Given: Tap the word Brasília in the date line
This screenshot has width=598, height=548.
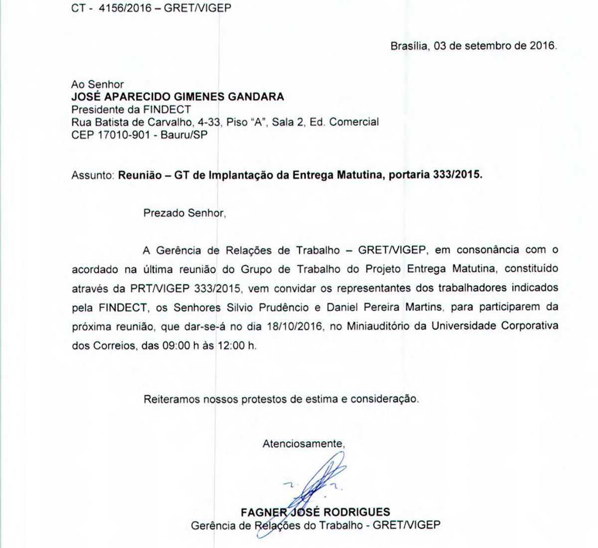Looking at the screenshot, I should pos(409,46).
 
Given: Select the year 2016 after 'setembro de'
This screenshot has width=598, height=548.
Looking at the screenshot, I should pos(541,46).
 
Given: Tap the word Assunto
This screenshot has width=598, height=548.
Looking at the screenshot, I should pos(93,175).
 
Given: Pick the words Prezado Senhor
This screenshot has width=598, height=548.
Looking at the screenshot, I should pos(184,213).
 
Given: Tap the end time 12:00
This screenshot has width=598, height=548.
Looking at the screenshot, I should pos(232,345).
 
